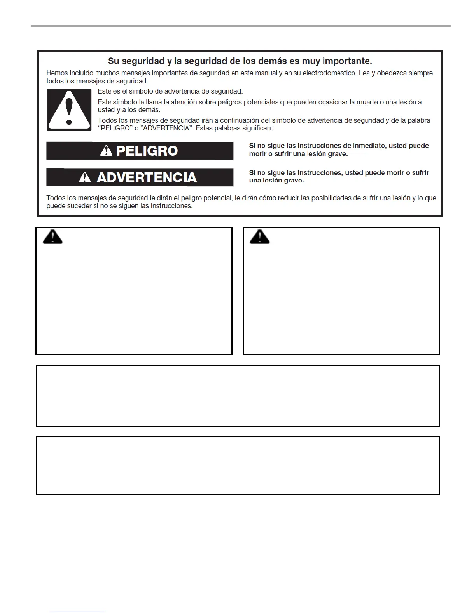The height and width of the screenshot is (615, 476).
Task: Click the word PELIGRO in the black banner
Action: [147, 151]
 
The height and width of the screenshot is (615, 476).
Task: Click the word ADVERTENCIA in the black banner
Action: [147, 177]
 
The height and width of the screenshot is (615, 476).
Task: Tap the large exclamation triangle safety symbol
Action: [69, 110]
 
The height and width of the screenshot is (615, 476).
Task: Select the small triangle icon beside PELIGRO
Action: [106, 151]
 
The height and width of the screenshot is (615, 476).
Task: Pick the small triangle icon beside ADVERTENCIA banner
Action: [85, 177]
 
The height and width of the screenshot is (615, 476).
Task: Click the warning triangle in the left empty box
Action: [52, 236]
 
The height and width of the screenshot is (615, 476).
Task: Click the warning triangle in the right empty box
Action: [259, 236]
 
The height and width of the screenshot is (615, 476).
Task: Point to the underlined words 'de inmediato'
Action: [364, 146]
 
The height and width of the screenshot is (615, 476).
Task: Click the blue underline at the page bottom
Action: [77, 612]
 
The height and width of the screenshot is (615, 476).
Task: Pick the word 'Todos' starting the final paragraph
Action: [56, 198]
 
